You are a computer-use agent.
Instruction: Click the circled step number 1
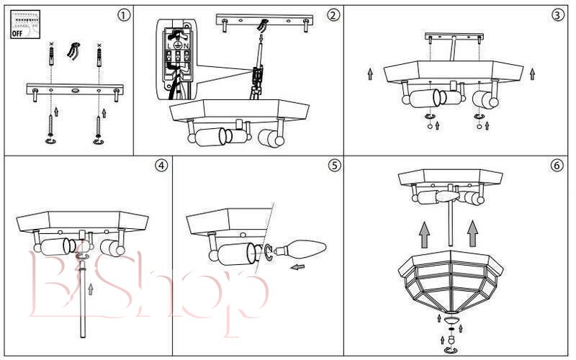tap(124, 15)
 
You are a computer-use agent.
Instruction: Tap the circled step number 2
tap(333, 15)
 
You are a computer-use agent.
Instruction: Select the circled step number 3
tap(557, 15)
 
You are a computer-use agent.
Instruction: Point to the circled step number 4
tap(161, 166)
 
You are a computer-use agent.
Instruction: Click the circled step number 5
tap(334, 166)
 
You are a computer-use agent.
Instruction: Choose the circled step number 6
tap(557, 166)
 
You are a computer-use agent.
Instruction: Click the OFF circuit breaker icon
tap(25, 24)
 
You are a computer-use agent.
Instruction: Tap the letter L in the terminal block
tap(169, 46)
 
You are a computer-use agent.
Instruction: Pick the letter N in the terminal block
tap(186, 46)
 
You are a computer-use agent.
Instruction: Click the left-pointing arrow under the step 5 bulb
tap(297, 266)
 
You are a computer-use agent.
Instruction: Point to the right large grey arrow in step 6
tap(472, 233)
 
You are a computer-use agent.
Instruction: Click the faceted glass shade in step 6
tap(451, 282)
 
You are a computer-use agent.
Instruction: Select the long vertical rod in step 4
tap(83, 297)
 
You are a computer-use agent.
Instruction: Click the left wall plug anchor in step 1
tap(51, 56)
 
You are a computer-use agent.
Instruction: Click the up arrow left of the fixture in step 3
tap(370, 74)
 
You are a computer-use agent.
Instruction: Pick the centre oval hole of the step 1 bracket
tap(75, 90)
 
